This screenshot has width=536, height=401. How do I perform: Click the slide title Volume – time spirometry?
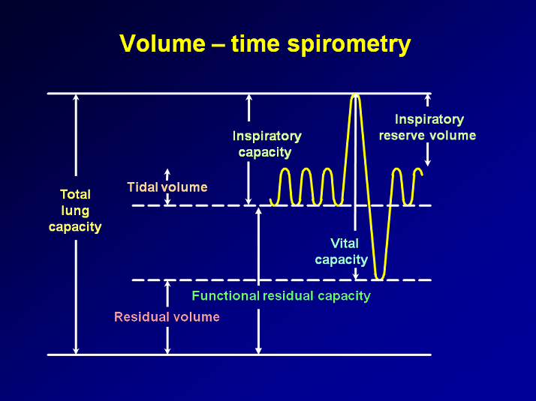pyautogui.click(x=265, y=44)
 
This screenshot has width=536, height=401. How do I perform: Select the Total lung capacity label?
pyautogui.click(x=75, y=211)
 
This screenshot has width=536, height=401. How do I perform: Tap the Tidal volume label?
pyautogui.click(x=167, y=187)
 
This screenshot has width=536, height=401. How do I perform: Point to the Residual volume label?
pyautogui.click(x=167, y=317)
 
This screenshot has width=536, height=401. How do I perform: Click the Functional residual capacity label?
pyautogui.click(x=281, y=296)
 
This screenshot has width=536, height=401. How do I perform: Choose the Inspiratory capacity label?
pyautogui.click(x=266, y=144)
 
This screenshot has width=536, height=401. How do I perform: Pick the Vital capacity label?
pyautogui.click(x=341, y=252)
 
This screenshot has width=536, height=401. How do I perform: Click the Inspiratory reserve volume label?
pyautogui.click(x=428, y=127)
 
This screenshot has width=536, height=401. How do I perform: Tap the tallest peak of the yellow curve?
pyautogui.click(x=355, y=95)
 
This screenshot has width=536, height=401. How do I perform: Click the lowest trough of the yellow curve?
pyautogui.click(x=379, y=278)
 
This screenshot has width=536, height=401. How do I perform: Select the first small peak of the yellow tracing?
pyautogui.click(x=285, y=169)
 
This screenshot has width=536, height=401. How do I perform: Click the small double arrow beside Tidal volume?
pyautogui.click(x=167, y=187)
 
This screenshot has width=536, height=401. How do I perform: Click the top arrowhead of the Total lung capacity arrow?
pyautogui.click(x=76, y=97)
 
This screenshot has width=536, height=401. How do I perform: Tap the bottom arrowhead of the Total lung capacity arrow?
pyautogui.click(x=76, y=350)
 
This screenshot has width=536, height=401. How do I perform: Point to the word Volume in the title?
pyautogui.click(x=161, y=44)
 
